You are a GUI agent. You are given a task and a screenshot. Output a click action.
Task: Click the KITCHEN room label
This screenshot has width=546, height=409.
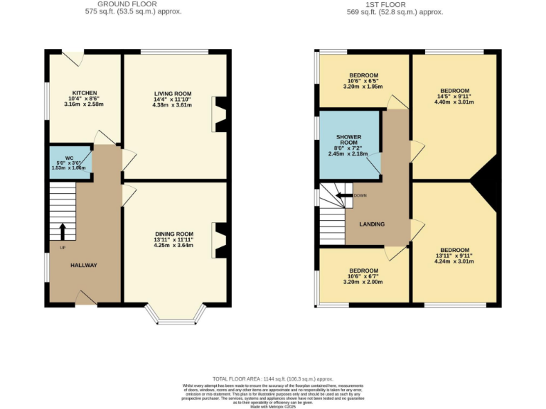(84, 93)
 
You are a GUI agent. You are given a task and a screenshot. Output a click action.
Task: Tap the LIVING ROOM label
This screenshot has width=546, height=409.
(173, 93)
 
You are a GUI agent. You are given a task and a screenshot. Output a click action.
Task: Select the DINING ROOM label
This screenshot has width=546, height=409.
(174, 234)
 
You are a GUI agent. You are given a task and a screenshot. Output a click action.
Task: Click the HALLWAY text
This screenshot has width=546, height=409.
(83, 265)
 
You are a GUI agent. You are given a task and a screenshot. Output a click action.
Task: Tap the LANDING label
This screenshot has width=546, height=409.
(372, 224)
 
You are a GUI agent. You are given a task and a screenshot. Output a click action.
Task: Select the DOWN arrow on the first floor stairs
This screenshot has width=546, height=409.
(345, 195)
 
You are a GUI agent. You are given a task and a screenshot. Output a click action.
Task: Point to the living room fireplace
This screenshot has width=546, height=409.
(220, 114)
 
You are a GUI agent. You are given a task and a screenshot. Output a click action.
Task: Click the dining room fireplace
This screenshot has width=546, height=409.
(220, 241)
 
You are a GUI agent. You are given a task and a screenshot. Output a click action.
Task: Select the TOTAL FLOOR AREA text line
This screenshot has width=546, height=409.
(273, 379)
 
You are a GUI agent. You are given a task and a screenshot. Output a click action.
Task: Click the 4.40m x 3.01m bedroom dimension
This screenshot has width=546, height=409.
(454, 102)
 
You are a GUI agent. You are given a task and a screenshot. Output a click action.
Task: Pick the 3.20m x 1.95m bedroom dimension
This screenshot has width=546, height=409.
(363, 87)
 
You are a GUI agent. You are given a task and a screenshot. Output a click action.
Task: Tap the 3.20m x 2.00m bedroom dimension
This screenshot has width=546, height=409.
(363, 282)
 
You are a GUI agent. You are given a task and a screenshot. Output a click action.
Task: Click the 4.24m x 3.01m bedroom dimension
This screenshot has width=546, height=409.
(454, 261)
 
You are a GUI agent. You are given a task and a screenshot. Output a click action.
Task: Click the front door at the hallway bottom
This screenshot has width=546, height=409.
(87, 298)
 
